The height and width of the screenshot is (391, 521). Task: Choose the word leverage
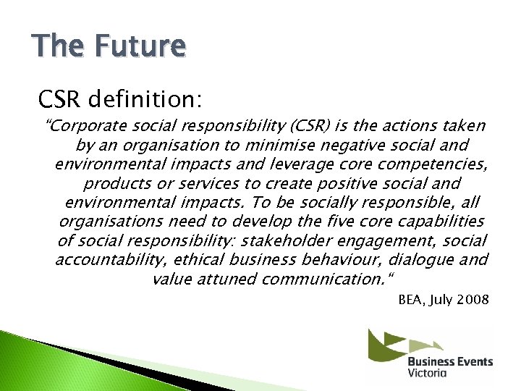[x=281, y=164]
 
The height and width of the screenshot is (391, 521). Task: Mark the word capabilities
[x=439, y=221]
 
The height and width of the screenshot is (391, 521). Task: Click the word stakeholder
[x=282, y=240]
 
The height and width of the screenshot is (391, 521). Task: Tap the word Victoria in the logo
[x=427, y=373]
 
